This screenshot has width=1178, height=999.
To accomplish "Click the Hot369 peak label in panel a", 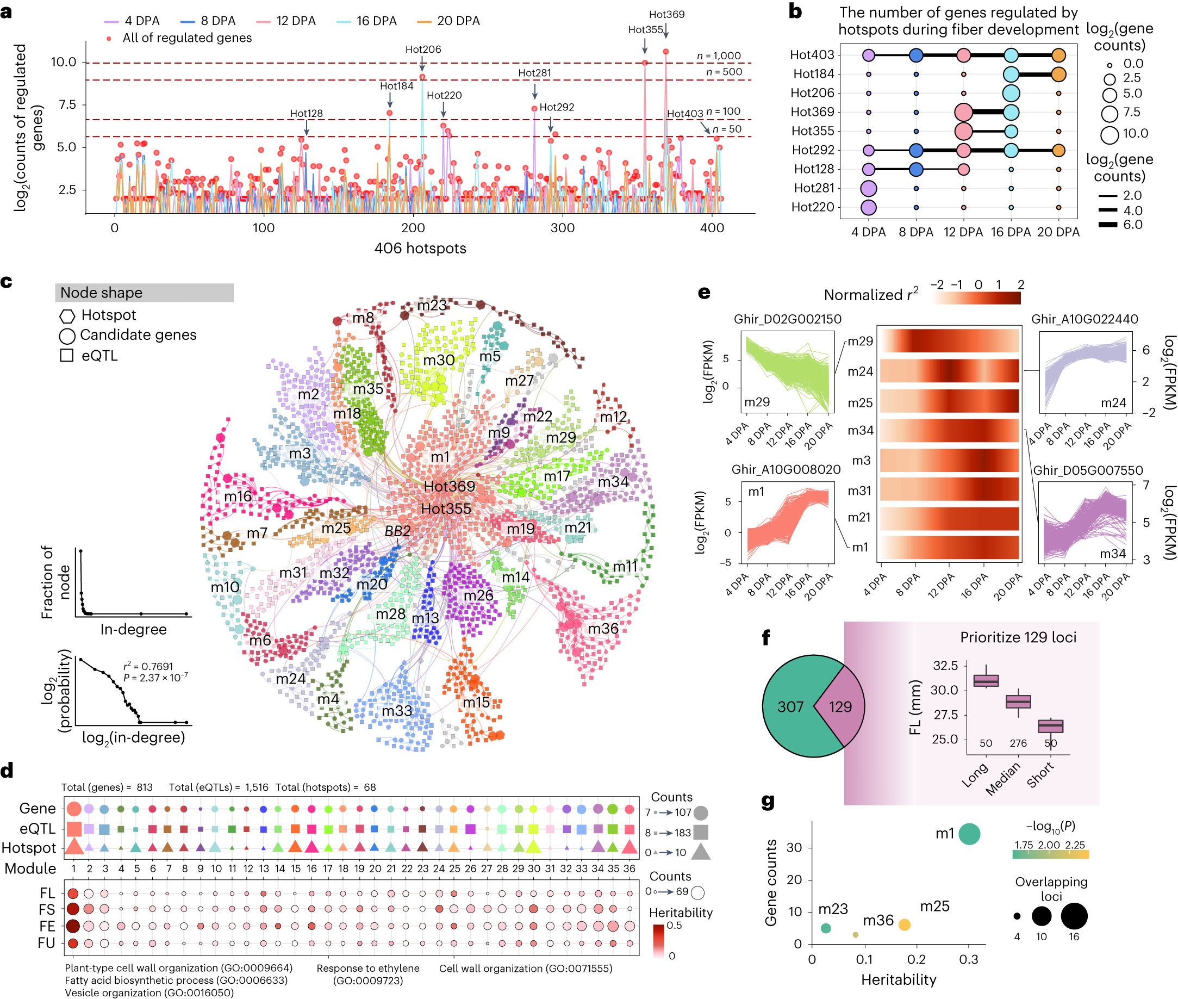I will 666,14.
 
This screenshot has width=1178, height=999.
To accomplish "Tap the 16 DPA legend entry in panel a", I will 376,21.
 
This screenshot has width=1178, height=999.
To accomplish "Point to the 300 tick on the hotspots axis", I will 562,228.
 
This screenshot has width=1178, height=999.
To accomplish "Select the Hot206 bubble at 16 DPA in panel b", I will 1011,93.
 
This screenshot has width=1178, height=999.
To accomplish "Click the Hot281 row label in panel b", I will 813,188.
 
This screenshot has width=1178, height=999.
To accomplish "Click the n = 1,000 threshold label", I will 718,55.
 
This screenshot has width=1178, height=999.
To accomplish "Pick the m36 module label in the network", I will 603,629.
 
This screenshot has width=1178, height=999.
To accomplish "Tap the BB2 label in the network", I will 397,531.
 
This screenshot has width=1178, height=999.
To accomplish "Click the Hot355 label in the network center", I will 446,508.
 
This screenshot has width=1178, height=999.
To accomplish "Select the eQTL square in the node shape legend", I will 67,355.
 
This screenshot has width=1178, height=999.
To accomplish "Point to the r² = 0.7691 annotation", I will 148,667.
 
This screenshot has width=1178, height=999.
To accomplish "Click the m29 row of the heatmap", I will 949,342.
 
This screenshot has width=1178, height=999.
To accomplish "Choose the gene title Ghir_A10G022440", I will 1084,319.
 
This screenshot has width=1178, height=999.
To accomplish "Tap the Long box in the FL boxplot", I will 986,680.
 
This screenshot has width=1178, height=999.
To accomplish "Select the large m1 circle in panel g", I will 969,834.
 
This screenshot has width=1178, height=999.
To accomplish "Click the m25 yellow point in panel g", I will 904,924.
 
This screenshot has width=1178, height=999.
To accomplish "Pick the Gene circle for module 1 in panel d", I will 73,809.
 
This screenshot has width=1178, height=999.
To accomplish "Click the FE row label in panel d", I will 47,926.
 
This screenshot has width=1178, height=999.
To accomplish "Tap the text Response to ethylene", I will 367,968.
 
